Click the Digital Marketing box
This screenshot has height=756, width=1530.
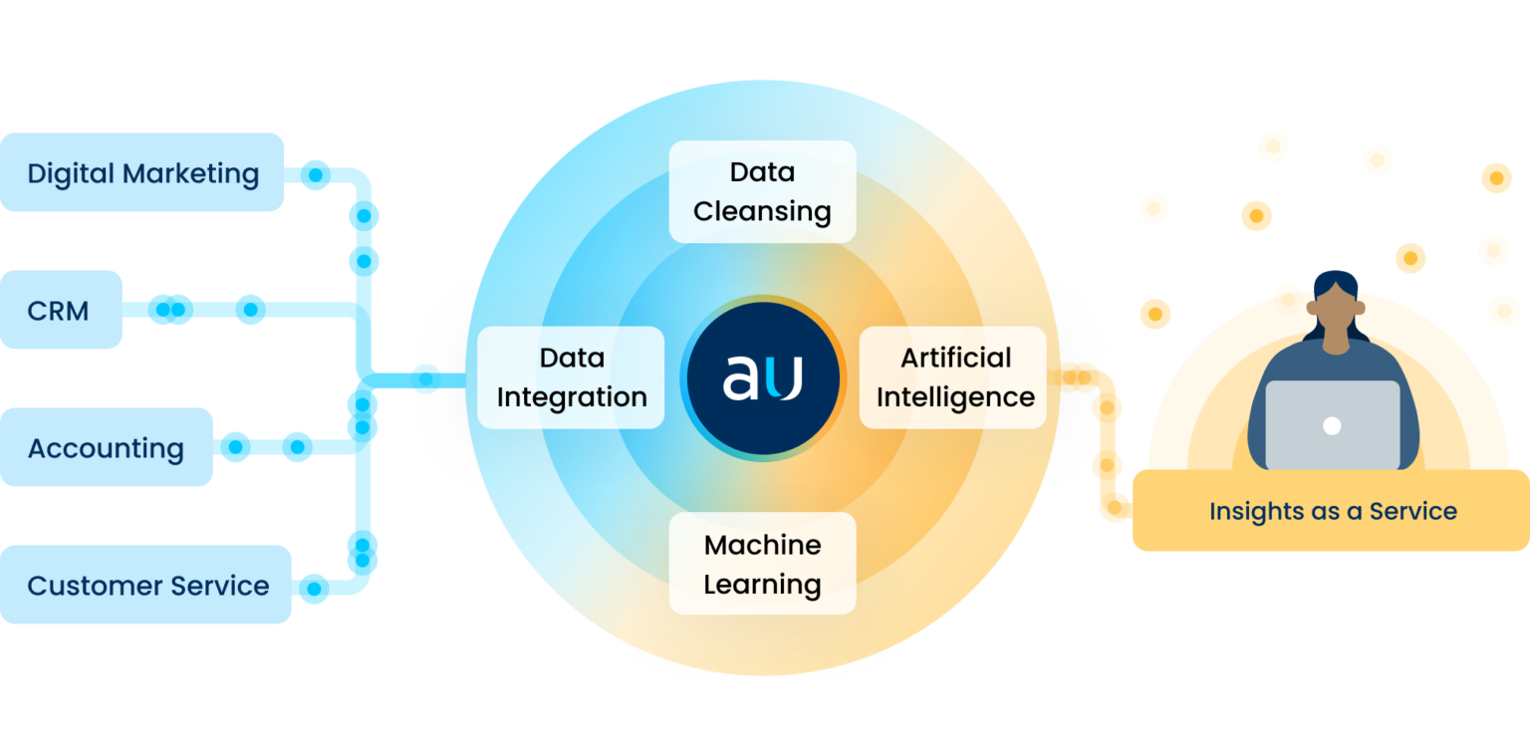[x=141, y=172]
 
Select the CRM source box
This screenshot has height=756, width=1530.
[x=61, y=310]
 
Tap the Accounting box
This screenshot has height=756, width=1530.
[x=106, y=447]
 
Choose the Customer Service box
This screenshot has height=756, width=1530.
[x=145, y=585]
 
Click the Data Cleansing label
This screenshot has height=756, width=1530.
[x=762, y=192]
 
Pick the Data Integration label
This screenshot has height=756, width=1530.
[x=571, y=378]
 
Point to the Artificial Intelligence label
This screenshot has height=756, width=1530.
[x=953, y=378]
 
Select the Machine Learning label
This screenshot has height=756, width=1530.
[x=762, y=564]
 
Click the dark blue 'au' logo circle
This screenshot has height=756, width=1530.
[x=763, y=378]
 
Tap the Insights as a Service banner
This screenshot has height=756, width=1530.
[x=1331, y=510]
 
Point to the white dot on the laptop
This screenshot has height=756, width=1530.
[x=1332, y=426]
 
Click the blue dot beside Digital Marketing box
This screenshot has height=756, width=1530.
[x=316, y=175]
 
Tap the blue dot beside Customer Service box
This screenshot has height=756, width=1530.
[x=314, y=588]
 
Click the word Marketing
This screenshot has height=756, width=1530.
[x=190, y=173]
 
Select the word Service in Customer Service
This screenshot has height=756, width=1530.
[x=220, y=586]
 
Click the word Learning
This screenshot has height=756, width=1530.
[x=762, y=586]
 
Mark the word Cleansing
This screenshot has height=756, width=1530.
[x=762, y=212]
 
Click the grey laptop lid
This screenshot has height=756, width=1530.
[x=1333, y=424]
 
